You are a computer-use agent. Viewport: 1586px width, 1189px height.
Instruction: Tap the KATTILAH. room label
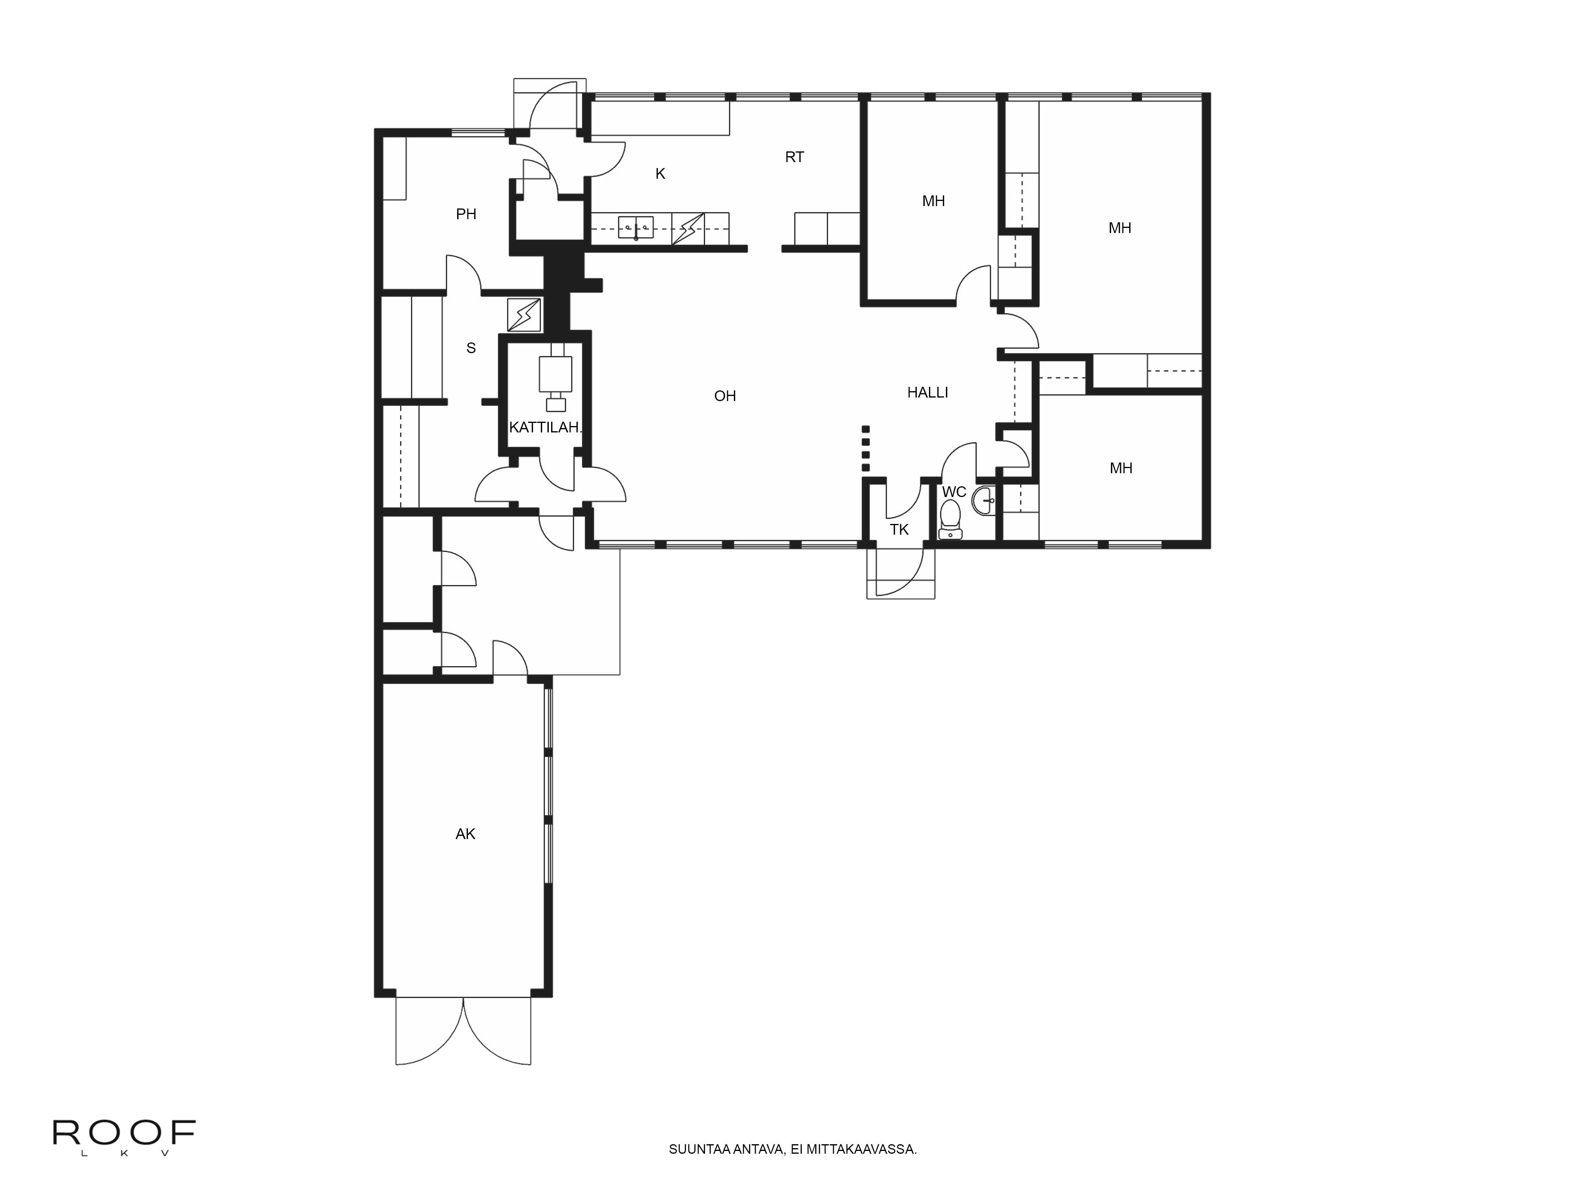[x=545, y=428]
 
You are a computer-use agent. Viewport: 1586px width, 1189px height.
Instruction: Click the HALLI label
[x=928, y=393]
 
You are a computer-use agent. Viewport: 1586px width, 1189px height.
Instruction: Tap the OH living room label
[x=725, y=396]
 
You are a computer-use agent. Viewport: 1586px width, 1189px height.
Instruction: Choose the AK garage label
[x=465, y=833]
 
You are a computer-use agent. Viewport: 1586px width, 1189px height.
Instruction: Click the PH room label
[x=466, y=214]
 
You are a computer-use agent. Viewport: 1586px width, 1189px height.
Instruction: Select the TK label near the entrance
[x=899, y=530]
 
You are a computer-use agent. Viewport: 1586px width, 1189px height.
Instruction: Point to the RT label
[x=795, y=157]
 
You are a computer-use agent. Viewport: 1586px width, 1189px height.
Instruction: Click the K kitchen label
[x=660, y=174]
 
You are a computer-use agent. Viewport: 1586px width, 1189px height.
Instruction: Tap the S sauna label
[x=471, y=348]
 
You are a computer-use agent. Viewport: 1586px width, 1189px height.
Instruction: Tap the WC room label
[x=954, y=492]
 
